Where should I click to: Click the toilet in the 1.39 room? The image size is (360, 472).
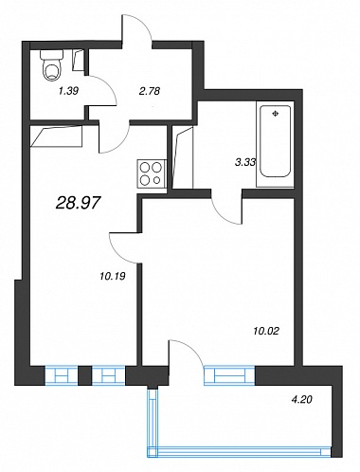51,65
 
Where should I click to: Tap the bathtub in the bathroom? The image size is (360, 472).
275,144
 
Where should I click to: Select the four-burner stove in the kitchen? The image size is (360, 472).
152,174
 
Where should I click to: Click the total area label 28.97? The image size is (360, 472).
78,203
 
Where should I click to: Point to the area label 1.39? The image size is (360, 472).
68,91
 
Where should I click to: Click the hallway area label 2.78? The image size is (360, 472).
150,91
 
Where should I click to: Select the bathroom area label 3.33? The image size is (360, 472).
245,162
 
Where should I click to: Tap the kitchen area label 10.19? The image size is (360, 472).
113,277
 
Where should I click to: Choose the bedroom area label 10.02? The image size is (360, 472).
266,331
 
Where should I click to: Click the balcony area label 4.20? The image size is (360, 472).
301,400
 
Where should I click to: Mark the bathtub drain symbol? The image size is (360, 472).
276,114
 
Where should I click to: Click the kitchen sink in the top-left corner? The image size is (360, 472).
57,136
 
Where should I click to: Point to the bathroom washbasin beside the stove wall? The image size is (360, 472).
183,157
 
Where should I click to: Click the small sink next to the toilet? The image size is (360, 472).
78,60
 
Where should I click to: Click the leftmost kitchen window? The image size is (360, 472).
62,375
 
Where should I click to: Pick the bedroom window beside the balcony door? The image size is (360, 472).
229,375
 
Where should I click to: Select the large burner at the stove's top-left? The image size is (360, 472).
145,167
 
